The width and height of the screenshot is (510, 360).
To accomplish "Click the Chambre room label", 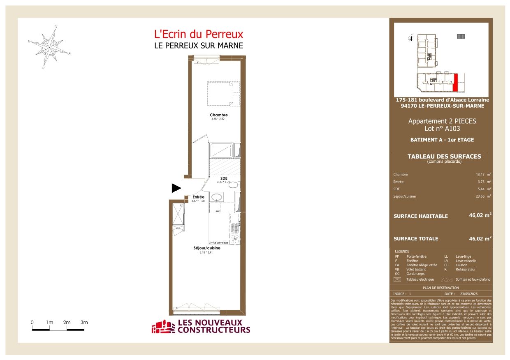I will click(218, 115).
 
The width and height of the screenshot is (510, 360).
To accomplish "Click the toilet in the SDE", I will click(233, 185).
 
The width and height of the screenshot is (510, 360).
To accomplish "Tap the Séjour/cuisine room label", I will click(207, 248).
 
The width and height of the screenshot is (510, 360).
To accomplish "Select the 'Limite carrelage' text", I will click(218, 242).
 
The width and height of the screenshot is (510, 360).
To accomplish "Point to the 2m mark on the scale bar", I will click(67, 323).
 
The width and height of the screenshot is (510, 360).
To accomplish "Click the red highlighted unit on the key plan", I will click(455, 83).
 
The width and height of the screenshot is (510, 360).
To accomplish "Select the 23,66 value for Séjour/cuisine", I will click(480, 196).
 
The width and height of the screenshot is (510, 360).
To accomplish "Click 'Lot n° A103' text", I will click(442, 128).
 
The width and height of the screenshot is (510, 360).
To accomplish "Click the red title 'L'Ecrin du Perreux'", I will click(198, 35).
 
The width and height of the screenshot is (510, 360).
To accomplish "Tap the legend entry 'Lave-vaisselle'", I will click(466, 261).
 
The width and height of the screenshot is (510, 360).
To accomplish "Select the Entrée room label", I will click(199, 197).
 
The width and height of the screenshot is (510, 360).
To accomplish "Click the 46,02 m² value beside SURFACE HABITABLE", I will click(480, 215).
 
